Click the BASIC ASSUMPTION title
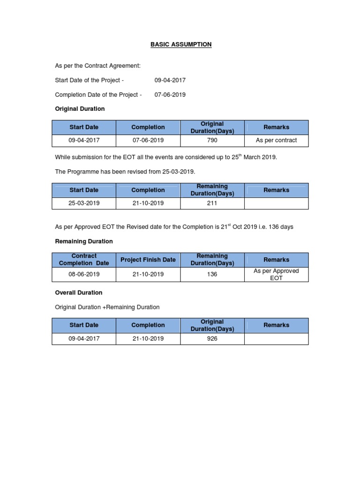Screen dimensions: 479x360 coord(181,44)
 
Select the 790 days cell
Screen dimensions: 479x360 coord(212,140)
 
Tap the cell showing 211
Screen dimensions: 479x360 coord(212,203)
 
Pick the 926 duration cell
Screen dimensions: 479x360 coord(212,338)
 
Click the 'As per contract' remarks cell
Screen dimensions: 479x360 coord(276,140)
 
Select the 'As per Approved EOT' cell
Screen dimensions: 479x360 coord(276,274)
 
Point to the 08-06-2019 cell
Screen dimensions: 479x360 coord(84,274)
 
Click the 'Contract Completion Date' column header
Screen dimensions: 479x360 coord(84,260)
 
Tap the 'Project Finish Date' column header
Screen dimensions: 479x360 coord(148,260)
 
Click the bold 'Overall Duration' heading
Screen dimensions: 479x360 coord(79,292)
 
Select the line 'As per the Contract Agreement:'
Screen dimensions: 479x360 coord(97,66)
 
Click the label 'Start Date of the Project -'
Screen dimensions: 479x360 coord(89,80)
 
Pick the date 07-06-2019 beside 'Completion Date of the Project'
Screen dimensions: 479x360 coord(170,94)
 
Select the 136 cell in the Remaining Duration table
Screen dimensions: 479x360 coord(212,274)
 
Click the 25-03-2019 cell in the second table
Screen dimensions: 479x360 coord(84,203)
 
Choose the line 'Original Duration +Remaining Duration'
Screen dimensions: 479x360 coord(107,307)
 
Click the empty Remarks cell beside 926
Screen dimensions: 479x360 coord(276,338)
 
